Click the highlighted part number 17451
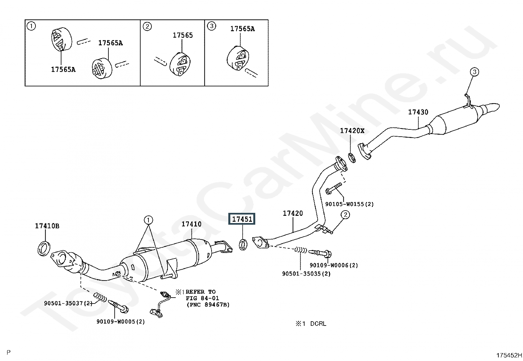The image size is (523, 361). (242, 219)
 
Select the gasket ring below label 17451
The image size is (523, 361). (243, 244)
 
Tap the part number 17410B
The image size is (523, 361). (47, 226)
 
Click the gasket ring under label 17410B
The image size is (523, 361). (44, 249)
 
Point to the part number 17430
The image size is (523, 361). (418, 112)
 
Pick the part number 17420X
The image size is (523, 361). (352, 131)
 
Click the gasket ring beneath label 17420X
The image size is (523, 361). (352, 158)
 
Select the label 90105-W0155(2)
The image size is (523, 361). (349, 204)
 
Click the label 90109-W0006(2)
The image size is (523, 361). (334, 265)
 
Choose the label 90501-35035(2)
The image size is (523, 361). (306, 274)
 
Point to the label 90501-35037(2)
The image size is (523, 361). (68, 303)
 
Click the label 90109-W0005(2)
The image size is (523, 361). (121, 322)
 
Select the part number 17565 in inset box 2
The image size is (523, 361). (183, 35)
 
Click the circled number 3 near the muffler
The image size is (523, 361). (474, 72)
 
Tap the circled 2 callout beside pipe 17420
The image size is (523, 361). (345, 214)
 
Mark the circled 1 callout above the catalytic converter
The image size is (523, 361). (148, 220)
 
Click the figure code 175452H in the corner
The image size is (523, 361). (509, 355)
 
